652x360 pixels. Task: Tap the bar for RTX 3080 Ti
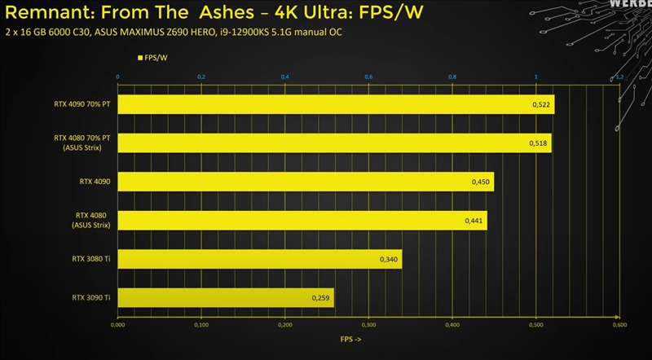click(259, 259)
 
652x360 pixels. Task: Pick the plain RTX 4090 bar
click(306, 182)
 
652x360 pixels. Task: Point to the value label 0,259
click(321, 299)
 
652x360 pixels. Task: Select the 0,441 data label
click(474, 221)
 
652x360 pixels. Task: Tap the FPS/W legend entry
click(152, 58)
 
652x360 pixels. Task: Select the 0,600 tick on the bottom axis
click(619, 325)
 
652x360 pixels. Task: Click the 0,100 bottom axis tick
click(202, 325)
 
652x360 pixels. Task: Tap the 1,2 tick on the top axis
click(619, 77)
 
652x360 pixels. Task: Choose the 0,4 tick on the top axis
click(285, 77)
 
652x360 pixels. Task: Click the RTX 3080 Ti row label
click(90, 260)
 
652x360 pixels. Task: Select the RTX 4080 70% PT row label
click(81, 138)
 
